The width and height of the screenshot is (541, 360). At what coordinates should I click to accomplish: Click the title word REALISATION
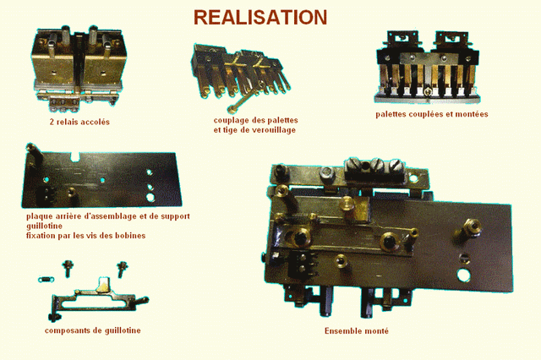(260, 17)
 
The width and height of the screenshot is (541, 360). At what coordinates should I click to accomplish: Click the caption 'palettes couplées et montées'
(432, 114)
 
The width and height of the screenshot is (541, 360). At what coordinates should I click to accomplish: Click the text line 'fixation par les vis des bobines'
(86, 235)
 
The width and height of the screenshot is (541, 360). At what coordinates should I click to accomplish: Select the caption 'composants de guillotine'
(93, 330)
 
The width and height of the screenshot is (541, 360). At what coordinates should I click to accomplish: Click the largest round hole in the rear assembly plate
(150, 198)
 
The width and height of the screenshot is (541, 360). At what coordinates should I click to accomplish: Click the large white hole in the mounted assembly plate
(461, 276)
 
